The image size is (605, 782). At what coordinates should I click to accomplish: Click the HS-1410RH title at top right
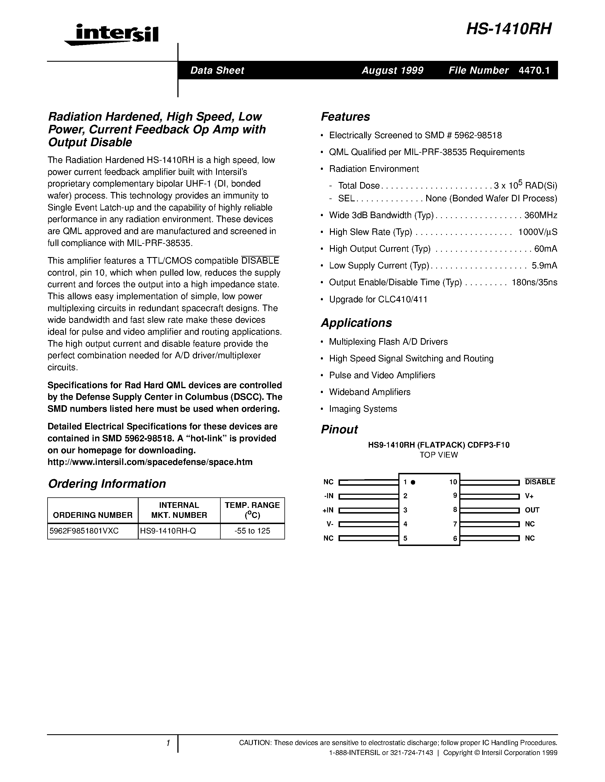pyautogui.click(x=508, y=29)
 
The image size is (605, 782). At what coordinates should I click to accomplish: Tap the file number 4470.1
pyautogui.click(x=534, y=70)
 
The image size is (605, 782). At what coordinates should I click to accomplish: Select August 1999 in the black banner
pyautogui.click(x=392, y=70)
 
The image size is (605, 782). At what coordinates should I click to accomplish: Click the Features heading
pyautogui.click(x=345, y=117)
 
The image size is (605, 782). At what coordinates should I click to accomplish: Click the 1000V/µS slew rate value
pyautogui.click(x=537, y=232)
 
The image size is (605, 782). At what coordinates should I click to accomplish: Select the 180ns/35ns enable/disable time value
pyautogui.click(x=534, y=282)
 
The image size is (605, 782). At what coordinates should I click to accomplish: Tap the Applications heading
pyautogui.click(x=356, y=323)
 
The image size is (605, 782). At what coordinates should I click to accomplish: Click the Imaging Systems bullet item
pyautogui.click(x=363, y=409)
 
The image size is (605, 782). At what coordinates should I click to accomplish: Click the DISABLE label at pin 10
pyautogui.click(x=540, y=482)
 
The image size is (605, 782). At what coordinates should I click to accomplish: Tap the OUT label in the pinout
pyautogui.click(x=532, y=510)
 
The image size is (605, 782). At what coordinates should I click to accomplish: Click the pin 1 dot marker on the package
pyautogui.click(x=413, y=482)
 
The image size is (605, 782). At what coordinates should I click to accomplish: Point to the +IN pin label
pyautogui.click(x=328, y=510)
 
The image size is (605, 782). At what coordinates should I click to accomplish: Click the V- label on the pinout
pyautogui.click(x=330, y=524)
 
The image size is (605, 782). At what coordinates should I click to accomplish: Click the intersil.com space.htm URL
pyautogui.click(x=150, y=462)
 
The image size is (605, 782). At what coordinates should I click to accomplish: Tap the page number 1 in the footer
pyautogui.click(x=168, y=743)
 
